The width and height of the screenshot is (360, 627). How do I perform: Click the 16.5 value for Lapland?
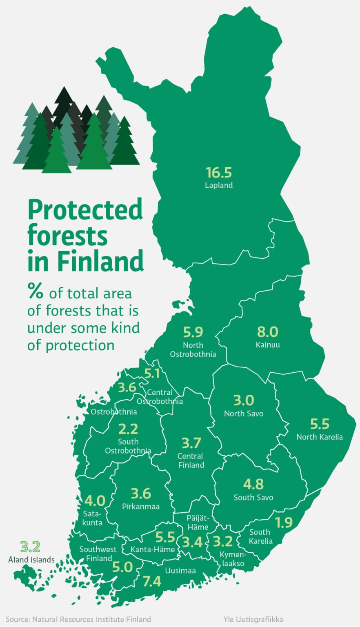coord(219,173)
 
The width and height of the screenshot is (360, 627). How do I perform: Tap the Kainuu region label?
coord(268,345)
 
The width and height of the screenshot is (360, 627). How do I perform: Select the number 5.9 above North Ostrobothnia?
coord(193,332)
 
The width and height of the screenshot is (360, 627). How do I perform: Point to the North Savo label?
coord(244,414)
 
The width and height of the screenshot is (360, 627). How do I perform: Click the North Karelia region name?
coord(320,437)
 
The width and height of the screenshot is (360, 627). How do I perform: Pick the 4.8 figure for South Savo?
coord(253,484)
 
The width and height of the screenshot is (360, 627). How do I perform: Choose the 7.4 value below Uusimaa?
coord(152,581)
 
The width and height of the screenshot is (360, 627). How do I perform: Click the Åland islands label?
coord(31,560)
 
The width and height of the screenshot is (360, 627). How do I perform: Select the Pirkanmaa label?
coord(141,507)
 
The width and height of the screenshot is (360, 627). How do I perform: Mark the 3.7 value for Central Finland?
coord(191,442)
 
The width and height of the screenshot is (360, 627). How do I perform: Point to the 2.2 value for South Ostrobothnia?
coord(128,429)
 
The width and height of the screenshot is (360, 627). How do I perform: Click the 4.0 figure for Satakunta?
coord(95,500)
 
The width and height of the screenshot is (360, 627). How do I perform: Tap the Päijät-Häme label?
coord(198,522)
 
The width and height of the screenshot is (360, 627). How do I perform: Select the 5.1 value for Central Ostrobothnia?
coord(152,373)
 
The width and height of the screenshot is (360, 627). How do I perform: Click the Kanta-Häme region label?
coord(153,549)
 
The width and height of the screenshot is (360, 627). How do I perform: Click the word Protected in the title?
coord(85,210)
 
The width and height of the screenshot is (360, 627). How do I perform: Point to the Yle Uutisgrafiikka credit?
coord(253,619)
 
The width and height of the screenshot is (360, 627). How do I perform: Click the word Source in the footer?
coord(16,619)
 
